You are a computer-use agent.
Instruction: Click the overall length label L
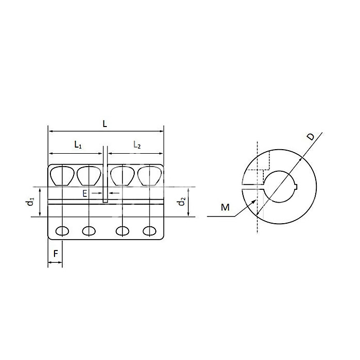pyautogui.click(x=105, y=123)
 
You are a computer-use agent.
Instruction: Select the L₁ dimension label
pyautogui.click(x=78, y=146)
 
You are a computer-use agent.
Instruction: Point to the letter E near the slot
pyautogui.click(x=85, y=193)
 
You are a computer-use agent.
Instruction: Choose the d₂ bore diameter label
pyautogui.click(x=181, y=202)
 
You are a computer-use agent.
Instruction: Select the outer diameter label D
pyautogui.click(x=310, y=137)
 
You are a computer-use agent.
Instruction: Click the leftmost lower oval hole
pyautogui.click(x=62, y=230)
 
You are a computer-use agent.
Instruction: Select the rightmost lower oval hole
pyautogui.click(x=149, y=230)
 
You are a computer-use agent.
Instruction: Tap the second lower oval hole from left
pyautogui.click(x=89, y=230)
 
